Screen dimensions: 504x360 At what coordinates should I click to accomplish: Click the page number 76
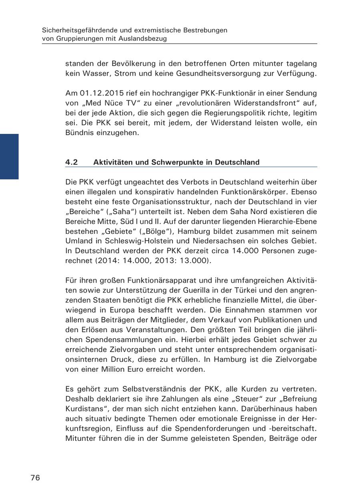click(35, 478)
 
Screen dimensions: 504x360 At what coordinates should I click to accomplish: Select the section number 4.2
click(72, 162)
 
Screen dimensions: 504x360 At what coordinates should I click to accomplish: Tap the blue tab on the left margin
click(9, 157)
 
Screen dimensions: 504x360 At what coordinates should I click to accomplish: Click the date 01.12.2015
click(98, 93)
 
